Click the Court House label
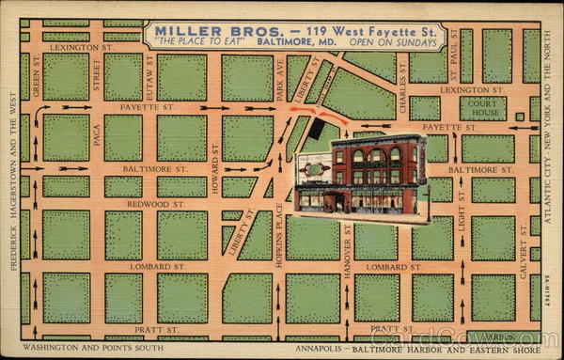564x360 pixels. tap(484, 108)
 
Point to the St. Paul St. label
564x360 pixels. tap(454, 48)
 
